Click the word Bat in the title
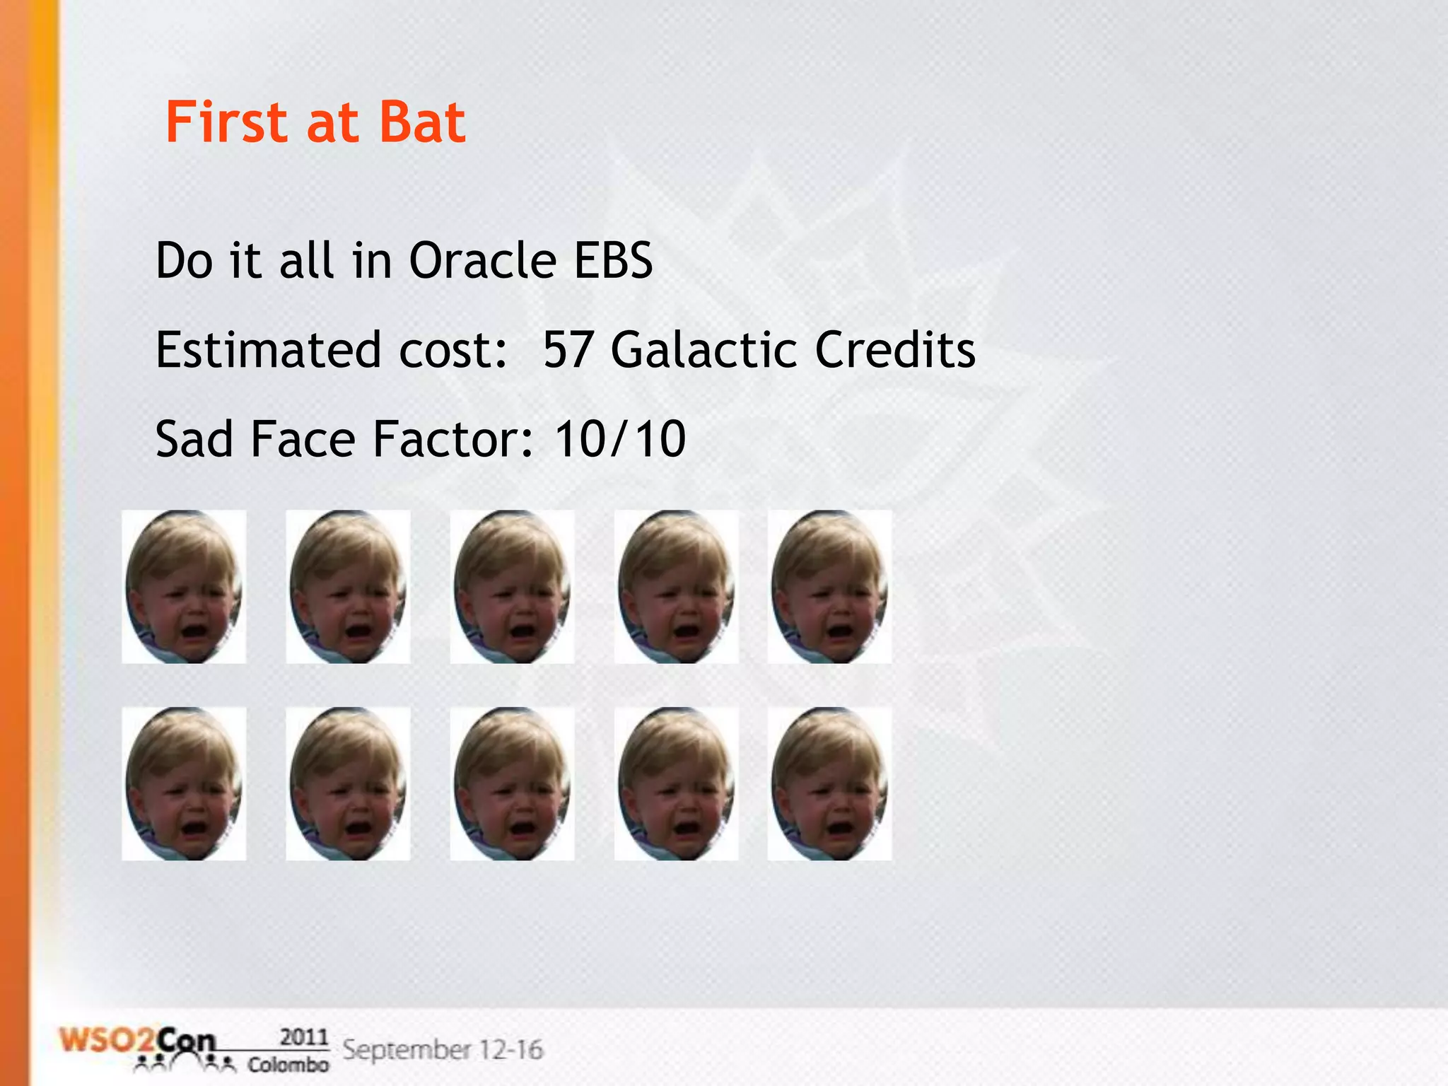[422, 122]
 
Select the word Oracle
[483, 261]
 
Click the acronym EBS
[613, 261]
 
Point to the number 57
[568, 350]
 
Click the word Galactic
[703, 350]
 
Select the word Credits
[895, 350]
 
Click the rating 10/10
[620, 439]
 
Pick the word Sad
[194, 439]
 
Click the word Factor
[452, 439]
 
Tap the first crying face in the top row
[184, 587]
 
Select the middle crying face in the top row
[512, 587]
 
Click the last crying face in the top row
[829, 587]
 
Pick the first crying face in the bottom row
[184, 783]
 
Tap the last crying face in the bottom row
[829, 783]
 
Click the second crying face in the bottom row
[348, 783]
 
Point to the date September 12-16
[443, 1049]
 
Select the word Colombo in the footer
[288, 1064]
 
